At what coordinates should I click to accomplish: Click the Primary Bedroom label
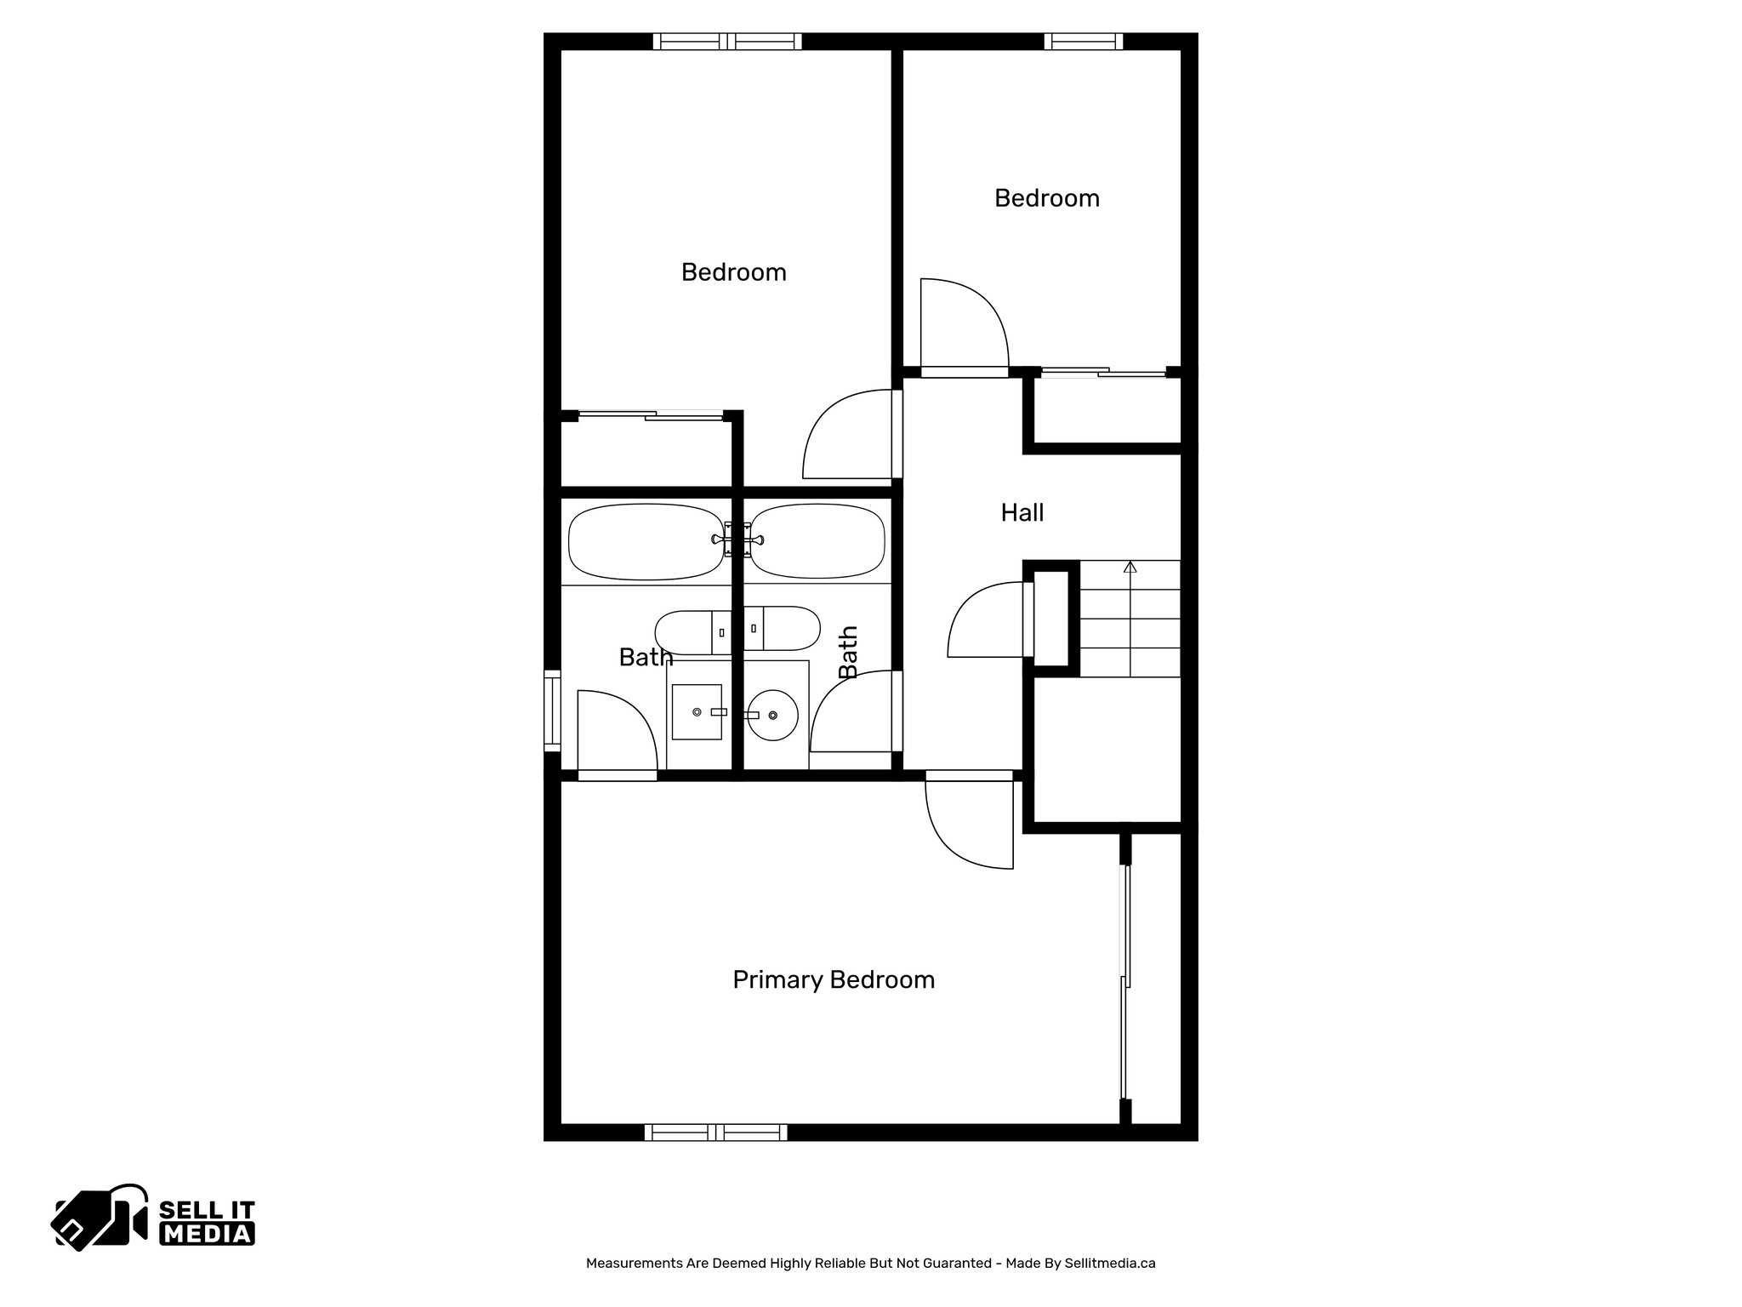pos(834,980)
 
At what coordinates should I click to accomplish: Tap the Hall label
pos(1022,513)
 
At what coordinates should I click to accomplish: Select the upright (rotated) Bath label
pos(848,653)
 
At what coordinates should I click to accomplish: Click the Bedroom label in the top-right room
pos(1046,198)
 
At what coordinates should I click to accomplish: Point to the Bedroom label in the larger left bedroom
pos(733,272)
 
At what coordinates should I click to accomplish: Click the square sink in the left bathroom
pos(697,711)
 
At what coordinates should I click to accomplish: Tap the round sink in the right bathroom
pos(773,716)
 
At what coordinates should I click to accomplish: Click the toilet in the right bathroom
pos(782,628)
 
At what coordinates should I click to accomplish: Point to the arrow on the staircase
pos(1130,568)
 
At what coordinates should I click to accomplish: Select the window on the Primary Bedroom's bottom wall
pos(715,1132)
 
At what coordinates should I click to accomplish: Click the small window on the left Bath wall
pos(553,711)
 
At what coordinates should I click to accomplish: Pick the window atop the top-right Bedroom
pos(1083,42)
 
